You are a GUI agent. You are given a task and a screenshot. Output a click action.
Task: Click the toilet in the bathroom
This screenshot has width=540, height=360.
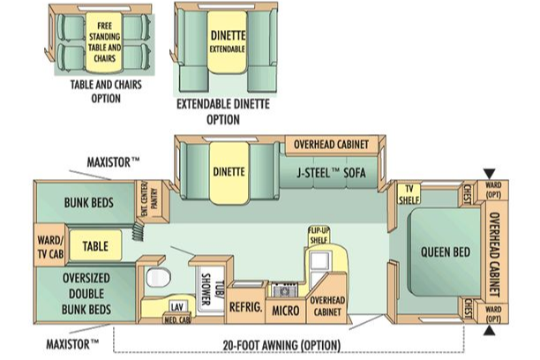pos(159,277)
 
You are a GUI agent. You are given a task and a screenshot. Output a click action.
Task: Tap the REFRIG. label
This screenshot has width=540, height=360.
pos(246,307)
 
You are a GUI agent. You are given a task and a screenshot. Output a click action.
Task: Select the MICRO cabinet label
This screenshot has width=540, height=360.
pos(286,311)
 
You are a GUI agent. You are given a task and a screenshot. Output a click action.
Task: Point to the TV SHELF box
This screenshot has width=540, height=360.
pos(409,194)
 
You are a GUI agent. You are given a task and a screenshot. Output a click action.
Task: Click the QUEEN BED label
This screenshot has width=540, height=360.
pos(446,252)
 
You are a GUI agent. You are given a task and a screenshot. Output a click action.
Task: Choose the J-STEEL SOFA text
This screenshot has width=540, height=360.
pos(331,173)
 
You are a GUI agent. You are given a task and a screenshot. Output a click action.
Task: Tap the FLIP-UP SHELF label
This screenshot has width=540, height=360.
pos(319,236)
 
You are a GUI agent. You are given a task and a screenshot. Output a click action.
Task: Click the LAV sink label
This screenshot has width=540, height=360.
pos(177,306)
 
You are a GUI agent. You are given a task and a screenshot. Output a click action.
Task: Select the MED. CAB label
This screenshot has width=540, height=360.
pos(177,320)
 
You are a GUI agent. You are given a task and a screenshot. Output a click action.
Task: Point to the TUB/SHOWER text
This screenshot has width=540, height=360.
pos(211,289)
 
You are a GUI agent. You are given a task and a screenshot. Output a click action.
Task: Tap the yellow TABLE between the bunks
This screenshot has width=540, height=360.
pos(95,245)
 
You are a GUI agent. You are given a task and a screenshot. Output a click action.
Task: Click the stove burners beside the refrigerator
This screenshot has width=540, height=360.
pos(284,290)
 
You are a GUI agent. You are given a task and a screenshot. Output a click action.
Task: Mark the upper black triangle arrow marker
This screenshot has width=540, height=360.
pos(489,174)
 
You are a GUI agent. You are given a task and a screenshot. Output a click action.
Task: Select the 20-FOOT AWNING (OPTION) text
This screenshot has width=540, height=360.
pos(281,346)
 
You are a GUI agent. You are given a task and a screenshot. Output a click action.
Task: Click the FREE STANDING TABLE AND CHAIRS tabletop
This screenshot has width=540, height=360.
pos(104,42)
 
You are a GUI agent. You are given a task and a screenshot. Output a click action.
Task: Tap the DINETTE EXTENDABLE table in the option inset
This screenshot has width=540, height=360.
pos(228,42)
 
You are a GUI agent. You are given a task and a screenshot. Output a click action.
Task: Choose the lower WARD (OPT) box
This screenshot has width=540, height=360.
pos(493,313)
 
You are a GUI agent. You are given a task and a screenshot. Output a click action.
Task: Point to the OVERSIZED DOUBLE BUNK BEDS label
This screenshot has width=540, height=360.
pos(86,294)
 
